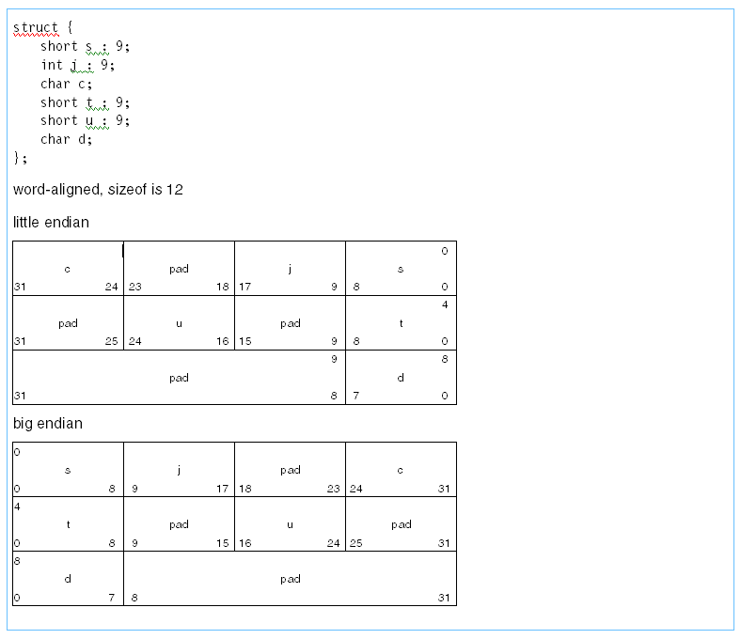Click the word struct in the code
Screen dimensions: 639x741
(x=36, y=27)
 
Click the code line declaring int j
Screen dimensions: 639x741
(x=77, y=65)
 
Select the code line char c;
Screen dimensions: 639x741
(x=67, y=84)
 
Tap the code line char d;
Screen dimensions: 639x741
(x=67, y=139)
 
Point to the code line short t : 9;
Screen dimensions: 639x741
(x=85, y=102)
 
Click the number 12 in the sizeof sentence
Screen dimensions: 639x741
(x=175, y=190)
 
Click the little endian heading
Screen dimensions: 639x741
(x=51, y=223)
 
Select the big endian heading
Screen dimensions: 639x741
(x=47, y=424)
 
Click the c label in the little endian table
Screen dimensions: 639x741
(x=67, y=269)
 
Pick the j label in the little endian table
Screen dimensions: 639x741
(x=290, y=269)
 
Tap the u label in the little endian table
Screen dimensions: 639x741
(x=179, y=323)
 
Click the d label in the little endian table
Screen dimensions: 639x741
(x=401, y=378)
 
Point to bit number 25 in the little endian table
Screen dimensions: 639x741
(x=112, y=341)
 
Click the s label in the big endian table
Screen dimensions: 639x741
(x=67, y=470)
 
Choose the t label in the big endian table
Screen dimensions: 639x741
(x=67, y=524)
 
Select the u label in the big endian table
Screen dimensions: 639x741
(x=290, y=524)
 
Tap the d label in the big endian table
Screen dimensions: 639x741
(x=67, y=579)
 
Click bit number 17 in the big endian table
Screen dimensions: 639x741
(x=222, y=489)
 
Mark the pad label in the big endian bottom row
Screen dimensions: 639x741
(x=290, y=579)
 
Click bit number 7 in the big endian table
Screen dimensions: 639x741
(x=112, y=598)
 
